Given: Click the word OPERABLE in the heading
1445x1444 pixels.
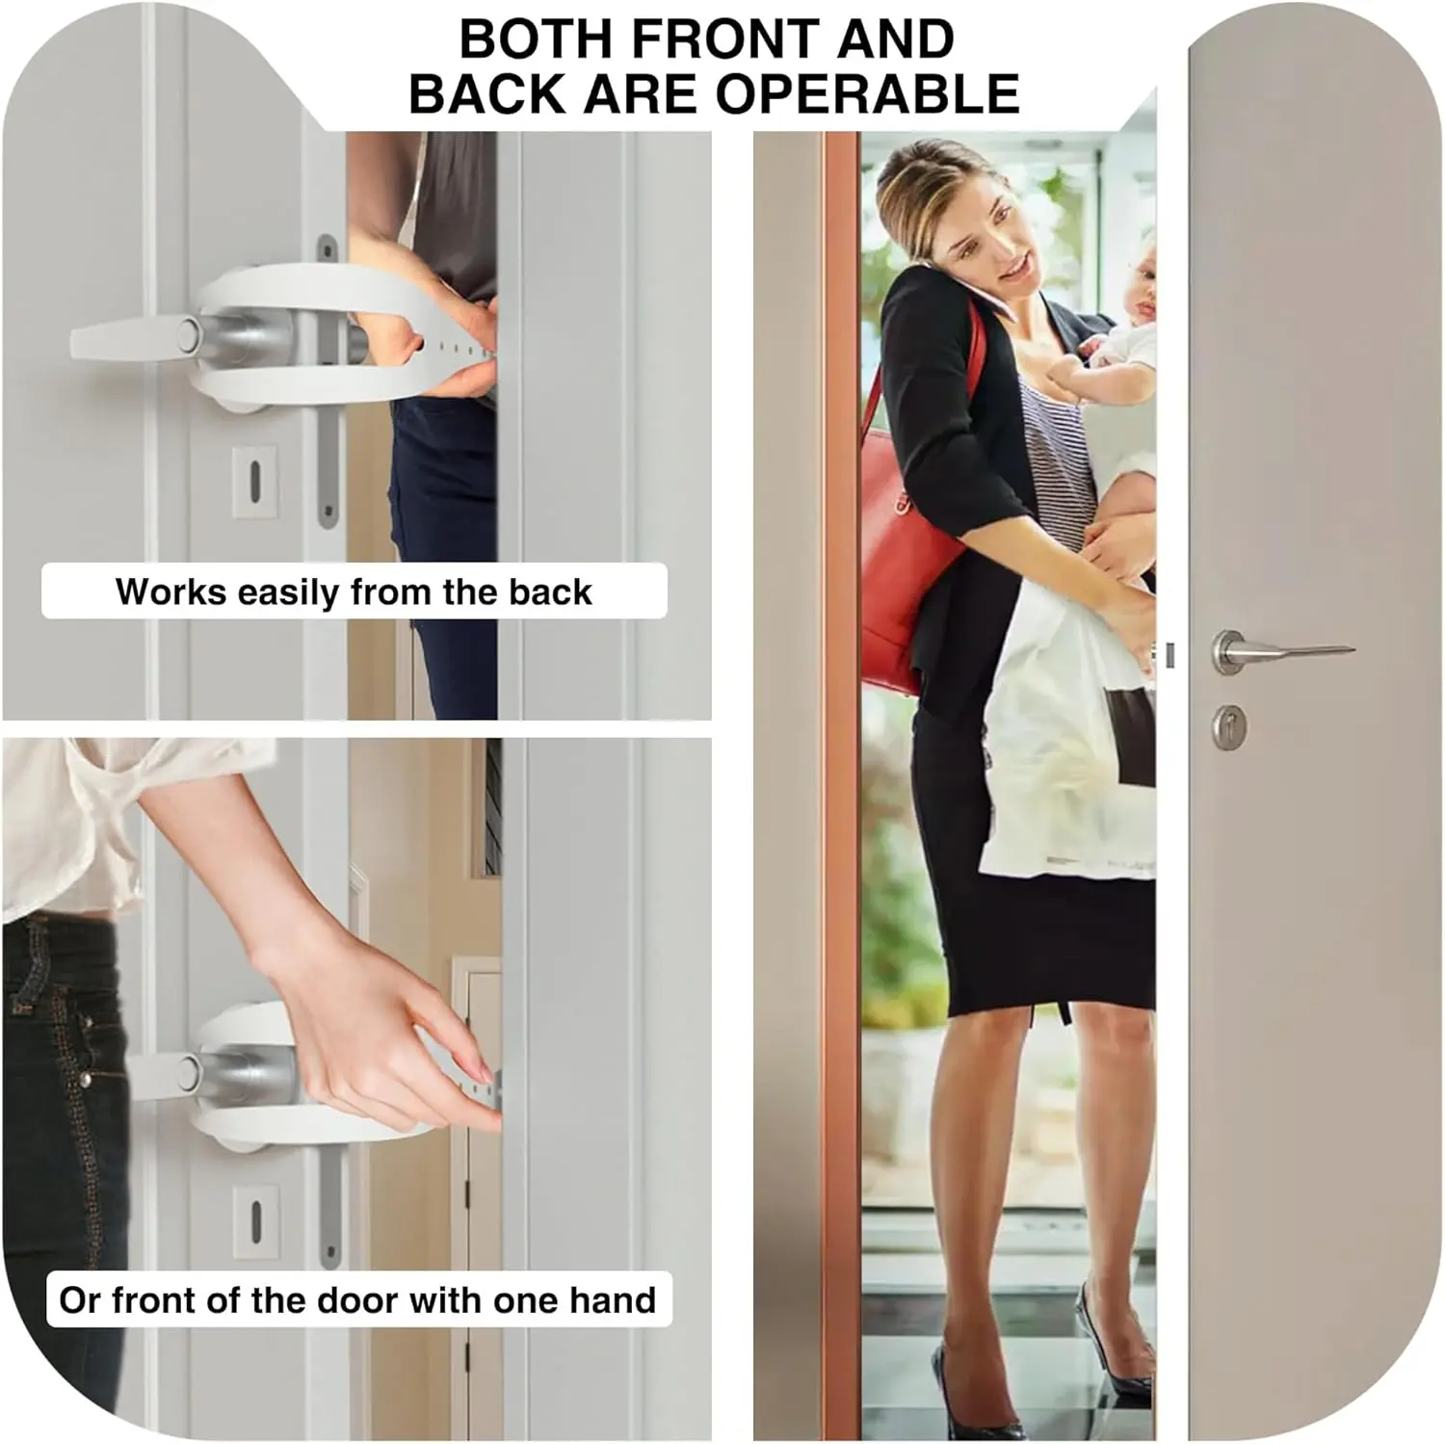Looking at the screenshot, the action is tap(867, 93).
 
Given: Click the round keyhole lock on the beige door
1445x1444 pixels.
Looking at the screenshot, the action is tap(1229, 727).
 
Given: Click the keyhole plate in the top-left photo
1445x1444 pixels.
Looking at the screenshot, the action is tap(255, 480).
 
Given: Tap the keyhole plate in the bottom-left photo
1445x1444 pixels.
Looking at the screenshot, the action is tap(256, 1220).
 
